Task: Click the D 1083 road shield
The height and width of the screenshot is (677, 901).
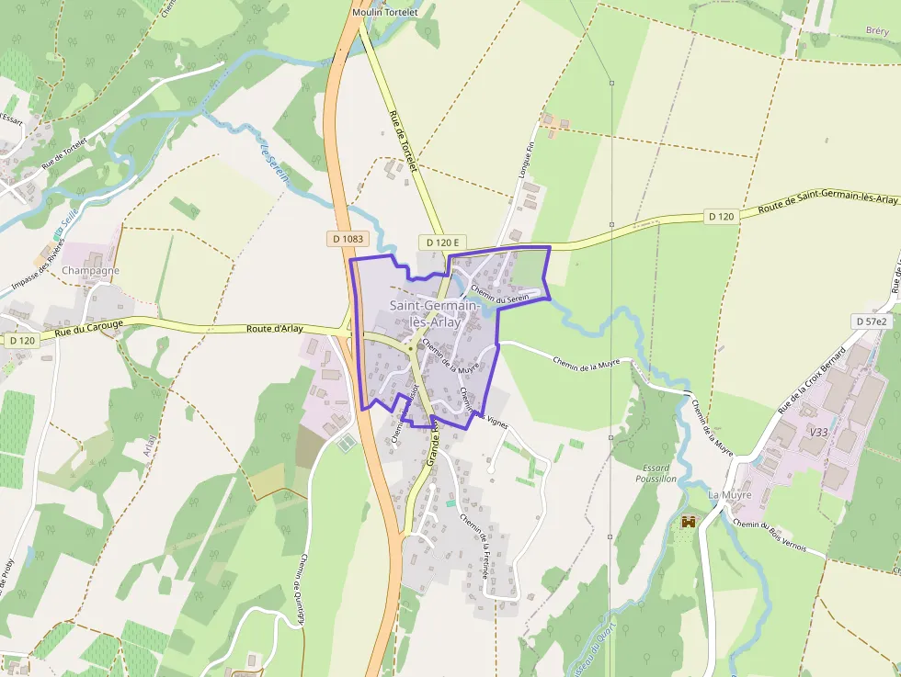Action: pos(348,239)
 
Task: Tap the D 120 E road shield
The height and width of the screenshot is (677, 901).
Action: pos(442,242)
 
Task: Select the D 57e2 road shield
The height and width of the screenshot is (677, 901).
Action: pos(870,322)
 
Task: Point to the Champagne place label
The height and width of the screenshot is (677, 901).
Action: pos(91,270)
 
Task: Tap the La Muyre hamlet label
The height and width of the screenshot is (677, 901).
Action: pos(730,495)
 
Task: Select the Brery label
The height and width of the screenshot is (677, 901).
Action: pos(876,30)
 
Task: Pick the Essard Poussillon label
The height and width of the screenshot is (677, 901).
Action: pos(656,472)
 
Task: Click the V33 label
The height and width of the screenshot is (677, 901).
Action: pos(818,432)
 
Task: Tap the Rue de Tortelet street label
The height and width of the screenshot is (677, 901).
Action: pos(403,141)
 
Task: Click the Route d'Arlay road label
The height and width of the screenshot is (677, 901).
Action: pos(275,329)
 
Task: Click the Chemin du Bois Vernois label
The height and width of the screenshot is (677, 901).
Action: pos(770,536)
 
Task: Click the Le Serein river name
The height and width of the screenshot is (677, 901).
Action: pos(275,162)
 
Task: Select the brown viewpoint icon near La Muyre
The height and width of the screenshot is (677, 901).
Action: pos(688,522)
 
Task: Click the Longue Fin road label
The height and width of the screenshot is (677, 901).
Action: pos(526,161)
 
